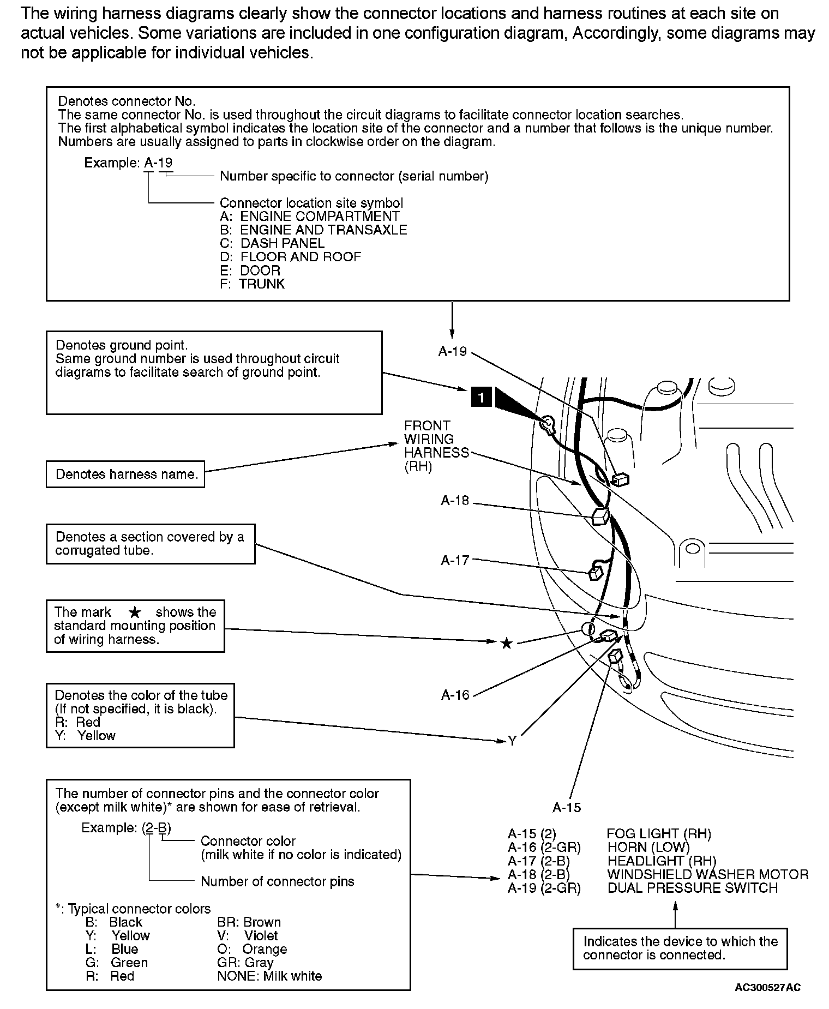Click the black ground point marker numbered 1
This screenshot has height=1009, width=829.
[x=481, y=398]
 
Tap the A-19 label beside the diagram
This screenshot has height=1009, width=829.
[x=453, y=352]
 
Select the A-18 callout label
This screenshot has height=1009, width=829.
[x=455, y=501]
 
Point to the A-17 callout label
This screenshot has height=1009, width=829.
[x=455, y=560]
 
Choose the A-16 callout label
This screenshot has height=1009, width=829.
[x=455, y=695]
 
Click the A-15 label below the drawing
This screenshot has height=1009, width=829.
[x=567, y=808]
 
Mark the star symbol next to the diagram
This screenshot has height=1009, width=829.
[x=507, y=644]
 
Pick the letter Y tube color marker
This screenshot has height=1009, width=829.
[x=512, y=741]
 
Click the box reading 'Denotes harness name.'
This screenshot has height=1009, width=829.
[x=125, y=474]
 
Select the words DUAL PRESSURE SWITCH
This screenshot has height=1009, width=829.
[x=692, y=888]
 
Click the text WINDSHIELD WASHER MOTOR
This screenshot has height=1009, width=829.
[x=707, y=874]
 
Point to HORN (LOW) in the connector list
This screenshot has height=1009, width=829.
[x=648, y=847]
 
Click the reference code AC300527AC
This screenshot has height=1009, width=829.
[x=768, y=987]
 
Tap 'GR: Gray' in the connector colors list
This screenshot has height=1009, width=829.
[x=245, y=963]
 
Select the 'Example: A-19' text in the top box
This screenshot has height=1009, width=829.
[x=129, y=163]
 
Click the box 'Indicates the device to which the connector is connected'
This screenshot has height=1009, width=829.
[x=680, y=948]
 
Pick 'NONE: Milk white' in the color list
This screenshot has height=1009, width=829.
[x=269, y=976]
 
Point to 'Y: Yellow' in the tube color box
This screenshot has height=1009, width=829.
[x=86, y=736]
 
